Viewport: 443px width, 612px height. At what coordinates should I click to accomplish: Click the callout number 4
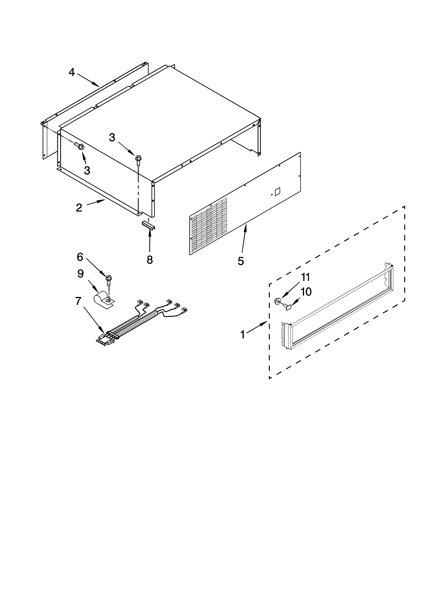[71, 72]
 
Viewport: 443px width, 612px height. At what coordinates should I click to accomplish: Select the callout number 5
[241, 261]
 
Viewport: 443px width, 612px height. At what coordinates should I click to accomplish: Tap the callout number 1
[243, 335]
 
